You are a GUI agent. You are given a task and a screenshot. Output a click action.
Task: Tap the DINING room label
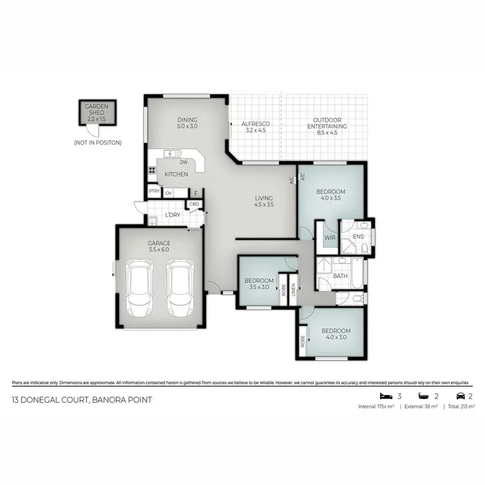188,123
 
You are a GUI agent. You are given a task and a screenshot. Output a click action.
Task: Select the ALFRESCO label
255,126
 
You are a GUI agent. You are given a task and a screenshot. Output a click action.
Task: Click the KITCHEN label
176,175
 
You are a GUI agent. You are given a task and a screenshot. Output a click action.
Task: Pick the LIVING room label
264,201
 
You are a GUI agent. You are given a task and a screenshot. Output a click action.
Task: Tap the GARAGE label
158,246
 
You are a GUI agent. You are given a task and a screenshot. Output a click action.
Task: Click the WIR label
329,238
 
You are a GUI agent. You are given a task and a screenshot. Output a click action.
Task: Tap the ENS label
358,237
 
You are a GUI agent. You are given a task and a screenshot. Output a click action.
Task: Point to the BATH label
340,276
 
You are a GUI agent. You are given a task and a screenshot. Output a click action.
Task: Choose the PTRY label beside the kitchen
154,192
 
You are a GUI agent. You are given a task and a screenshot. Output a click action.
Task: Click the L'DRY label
173,215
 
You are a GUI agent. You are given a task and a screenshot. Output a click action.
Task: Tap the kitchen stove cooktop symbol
153,171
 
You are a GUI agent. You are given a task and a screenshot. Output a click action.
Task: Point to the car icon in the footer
460,396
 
